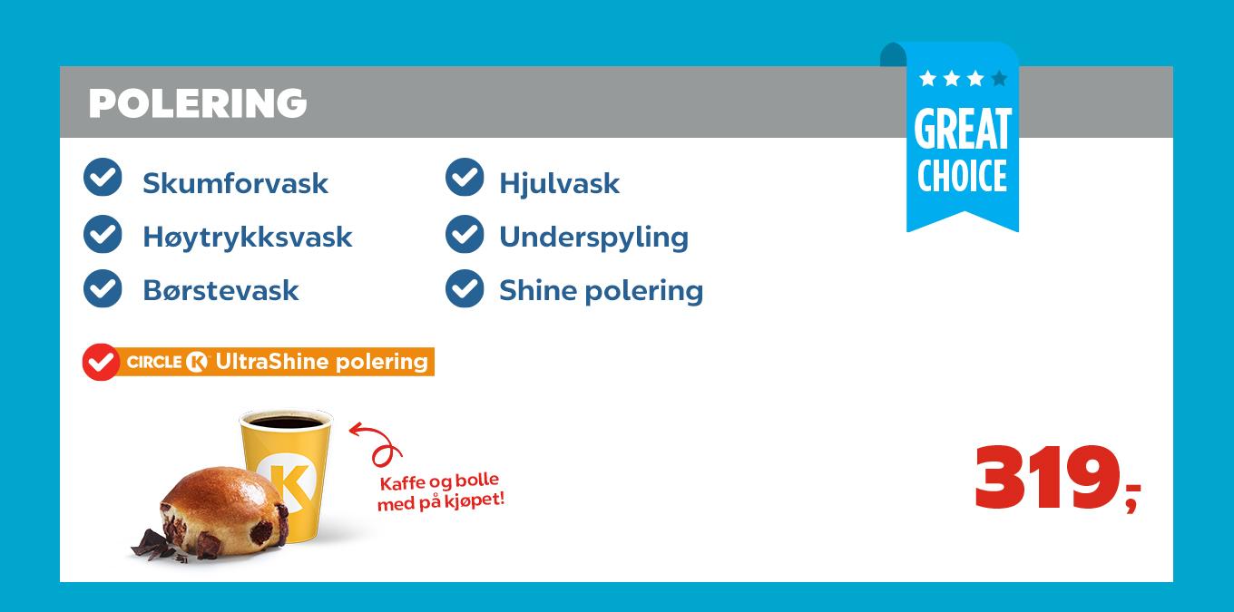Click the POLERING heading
pyautogui.click(x=198, y=103)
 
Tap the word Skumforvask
pyautogui.click(x=235, y=183)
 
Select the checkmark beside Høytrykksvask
pyautogui.click(x=103, y=235)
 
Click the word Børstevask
pyautogui.click(x=220, y=290)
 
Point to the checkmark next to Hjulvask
pyautogui.click(x=465, y=178)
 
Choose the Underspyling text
pyautogui.click(x=593, y=237)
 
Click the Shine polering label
pyautogui.click(x=601, y=290)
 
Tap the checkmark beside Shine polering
pyautogui.click(x=465, y=288)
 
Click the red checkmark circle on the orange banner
pyautogui.click(x=101, y=362)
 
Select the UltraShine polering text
pyautogui.click(x=321, y=361)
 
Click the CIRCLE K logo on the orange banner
pyautogui.click(x=167, y=362)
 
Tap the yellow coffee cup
pyautogui.click(x=287, y=471)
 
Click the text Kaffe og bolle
pyautogui.click(x=439, y=481)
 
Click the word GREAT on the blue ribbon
pyautogui.click(x=963, y=130)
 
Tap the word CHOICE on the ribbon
pyautogui.click(x=963, y=176)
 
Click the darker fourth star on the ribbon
pyautogui.click(x=999, y=79)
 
